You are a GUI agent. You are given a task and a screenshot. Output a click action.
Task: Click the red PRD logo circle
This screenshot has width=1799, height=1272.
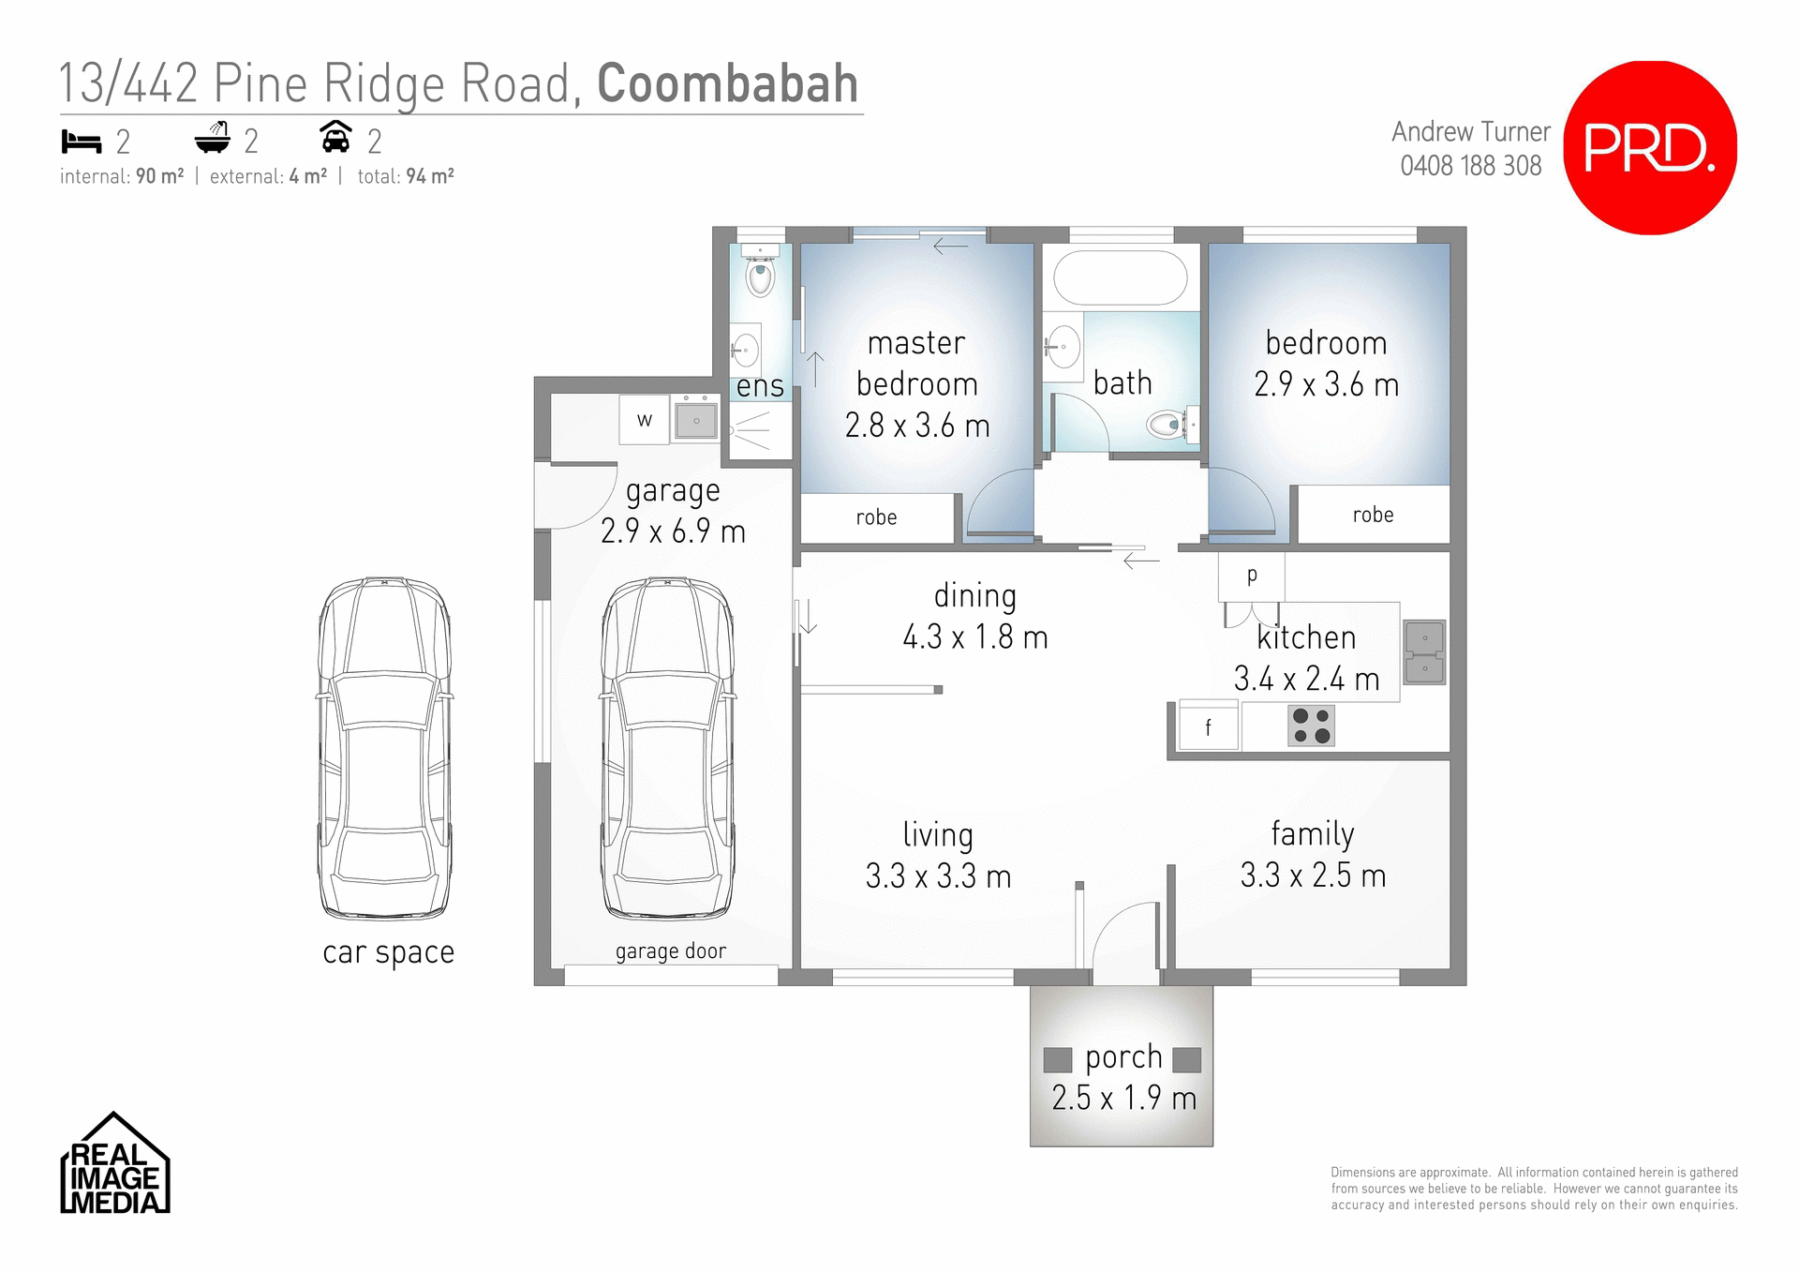tap(1650, 148)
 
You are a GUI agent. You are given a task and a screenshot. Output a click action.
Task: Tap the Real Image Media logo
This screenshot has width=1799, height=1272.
tap(115, 1165)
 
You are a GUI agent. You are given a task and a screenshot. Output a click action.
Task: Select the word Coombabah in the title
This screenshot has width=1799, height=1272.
tap(727, 84)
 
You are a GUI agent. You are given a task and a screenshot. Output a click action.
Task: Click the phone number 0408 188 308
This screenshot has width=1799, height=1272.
tap(1470, 166)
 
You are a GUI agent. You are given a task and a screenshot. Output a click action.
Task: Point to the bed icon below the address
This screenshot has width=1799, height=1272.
tap(82, 142)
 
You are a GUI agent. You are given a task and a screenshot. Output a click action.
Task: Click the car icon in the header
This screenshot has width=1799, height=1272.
tap(335, 138)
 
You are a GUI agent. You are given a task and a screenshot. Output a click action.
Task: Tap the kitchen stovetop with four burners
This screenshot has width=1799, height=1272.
tap(1311, 726)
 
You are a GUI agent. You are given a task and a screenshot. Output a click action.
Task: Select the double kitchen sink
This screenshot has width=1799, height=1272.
tap(1424, 652)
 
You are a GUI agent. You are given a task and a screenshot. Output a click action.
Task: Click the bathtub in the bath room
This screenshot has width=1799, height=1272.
tap(1121, 277)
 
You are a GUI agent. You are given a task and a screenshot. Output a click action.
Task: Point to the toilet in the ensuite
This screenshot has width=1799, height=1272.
tap(760, 276)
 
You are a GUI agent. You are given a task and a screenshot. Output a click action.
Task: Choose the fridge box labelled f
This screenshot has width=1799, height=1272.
tap(1209, 727)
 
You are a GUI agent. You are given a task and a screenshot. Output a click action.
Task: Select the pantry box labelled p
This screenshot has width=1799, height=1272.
tap(1252, 576)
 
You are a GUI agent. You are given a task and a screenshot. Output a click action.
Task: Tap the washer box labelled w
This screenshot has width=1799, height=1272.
tap(645, 420)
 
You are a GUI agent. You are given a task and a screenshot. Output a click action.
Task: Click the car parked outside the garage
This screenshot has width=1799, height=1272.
tap(385, 748)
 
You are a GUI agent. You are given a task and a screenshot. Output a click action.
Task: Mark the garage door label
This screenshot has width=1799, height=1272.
tap(671, 951)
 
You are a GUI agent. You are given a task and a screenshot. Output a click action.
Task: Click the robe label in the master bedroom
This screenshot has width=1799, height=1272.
tap(876, 517)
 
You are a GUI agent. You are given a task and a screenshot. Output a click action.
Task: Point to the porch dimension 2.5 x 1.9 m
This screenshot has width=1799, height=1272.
tap(1123, 1098)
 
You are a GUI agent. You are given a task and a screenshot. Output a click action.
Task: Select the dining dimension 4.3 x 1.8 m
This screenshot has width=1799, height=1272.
tap(975, 637)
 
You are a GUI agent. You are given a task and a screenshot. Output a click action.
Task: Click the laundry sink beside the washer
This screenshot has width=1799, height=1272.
tap(696, 421)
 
